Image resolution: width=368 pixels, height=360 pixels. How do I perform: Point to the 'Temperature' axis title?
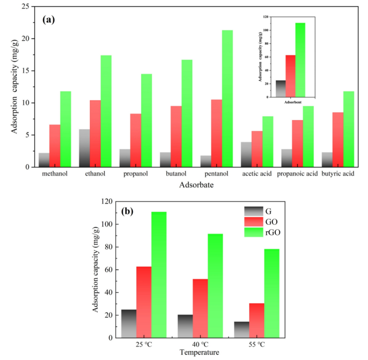[199, 353]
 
